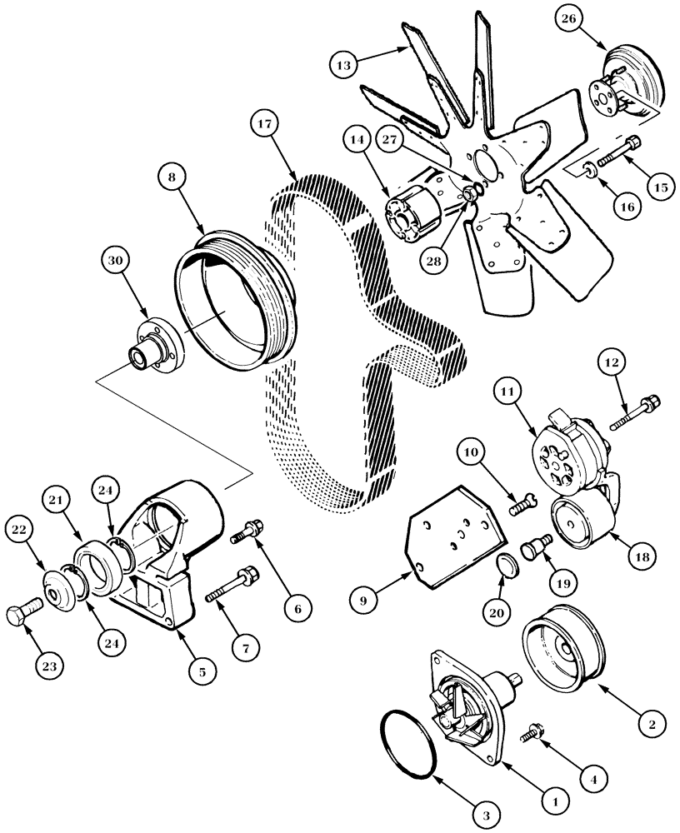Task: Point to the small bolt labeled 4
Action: [532, 733]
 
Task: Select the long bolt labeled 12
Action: [634, 414]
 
